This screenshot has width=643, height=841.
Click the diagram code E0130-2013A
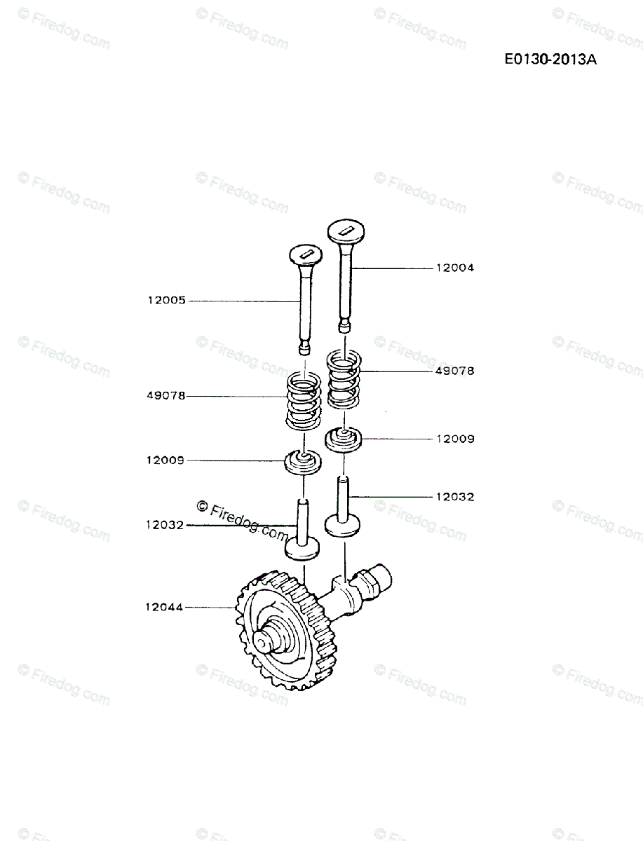tap(550, 60)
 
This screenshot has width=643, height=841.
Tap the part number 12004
tap(454, 268)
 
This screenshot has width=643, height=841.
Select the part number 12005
tap(166, 301)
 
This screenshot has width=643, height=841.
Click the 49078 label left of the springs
tap(165, 396)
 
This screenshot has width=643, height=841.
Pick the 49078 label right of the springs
tap(454, 371)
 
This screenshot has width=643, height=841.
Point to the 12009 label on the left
tap(165, 460)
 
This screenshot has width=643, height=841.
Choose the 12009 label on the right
tap(454, 439)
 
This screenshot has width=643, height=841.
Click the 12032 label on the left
tap(165, 524)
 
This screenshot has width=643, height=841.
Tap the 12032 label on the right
tap(454, 497)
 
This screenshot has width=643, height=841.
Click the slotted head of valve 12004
tap(345, 230)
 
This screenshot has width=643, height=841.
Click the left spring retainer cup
tap(303, 463)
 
